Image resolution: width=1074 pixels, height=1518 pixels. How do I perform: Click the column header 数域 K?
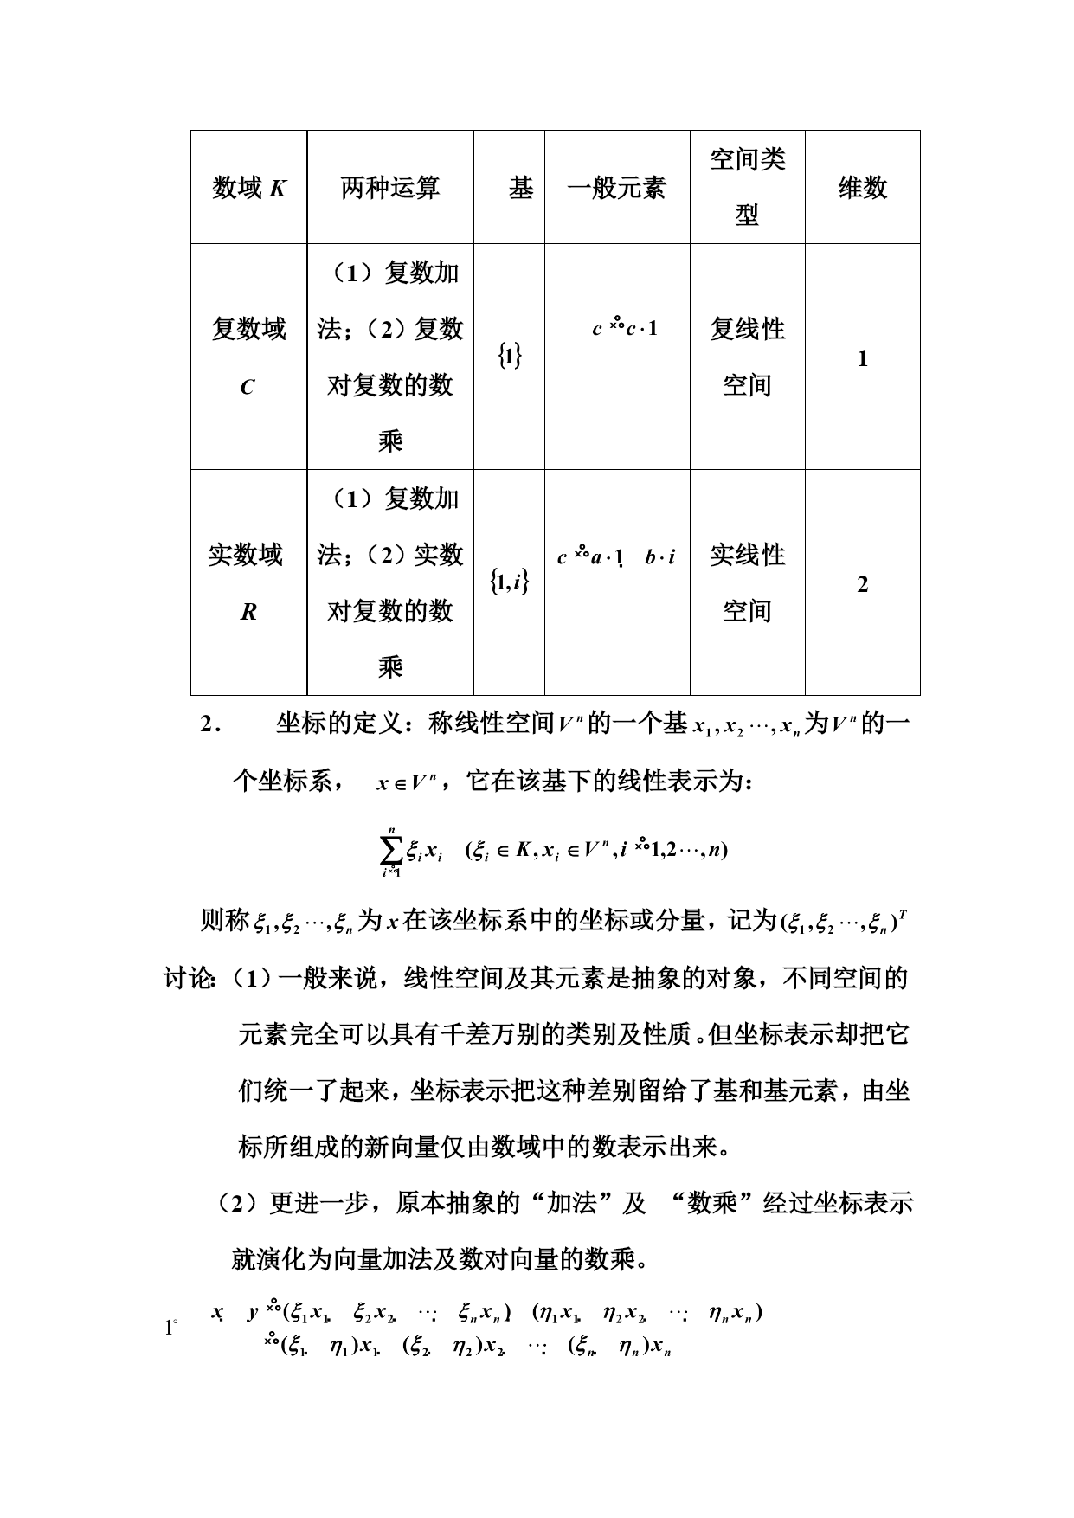coord(249,188)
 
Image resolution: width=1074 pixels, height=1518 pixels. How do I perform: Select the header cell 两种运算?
coord(390,188)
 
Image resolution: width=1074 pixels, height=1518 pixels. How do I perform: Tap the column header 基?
coord(520,188)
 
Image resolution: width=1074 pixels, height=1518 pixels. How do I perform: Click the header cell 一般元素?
coord(616,188)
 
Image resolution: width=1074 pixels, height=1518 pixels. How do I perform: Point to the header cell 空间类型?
coord(747,187)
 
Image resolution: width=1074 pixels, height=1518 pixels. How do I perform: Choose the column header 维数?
coord(862,188)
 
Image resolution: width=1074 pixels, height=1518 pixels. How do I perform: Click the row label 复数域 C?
coord(248,357)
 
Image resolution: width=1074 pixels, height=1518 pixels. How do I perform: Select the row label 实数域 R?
coord(247,582)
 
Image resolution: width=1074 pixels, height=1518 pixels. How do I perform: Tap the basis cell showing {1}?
coord(510,356)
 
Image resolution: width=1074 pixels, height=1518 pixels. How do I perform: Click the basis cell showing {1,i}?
coord(510,582)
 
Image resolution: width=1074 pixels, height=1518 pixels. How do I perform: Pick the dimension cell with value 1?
coord(862,358)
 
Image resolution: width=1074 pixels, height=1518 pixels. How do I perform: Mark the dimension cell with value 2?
coord(862,584)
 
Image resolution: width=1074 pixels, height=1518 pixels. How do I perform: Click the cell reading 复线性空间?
coord(747,357)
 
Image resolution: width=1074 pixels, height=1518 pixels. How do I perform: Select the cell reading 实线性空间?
coord(747,582)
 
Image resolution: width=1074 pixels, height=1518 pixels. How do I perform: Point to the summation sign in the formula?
coord(391,849)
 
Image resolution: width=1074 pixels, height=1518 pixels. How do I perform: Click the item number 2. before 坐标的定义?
coord(211,724)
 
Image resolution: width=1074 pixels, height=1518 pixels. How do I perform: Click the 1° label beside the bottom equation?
coord(170,1327)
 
